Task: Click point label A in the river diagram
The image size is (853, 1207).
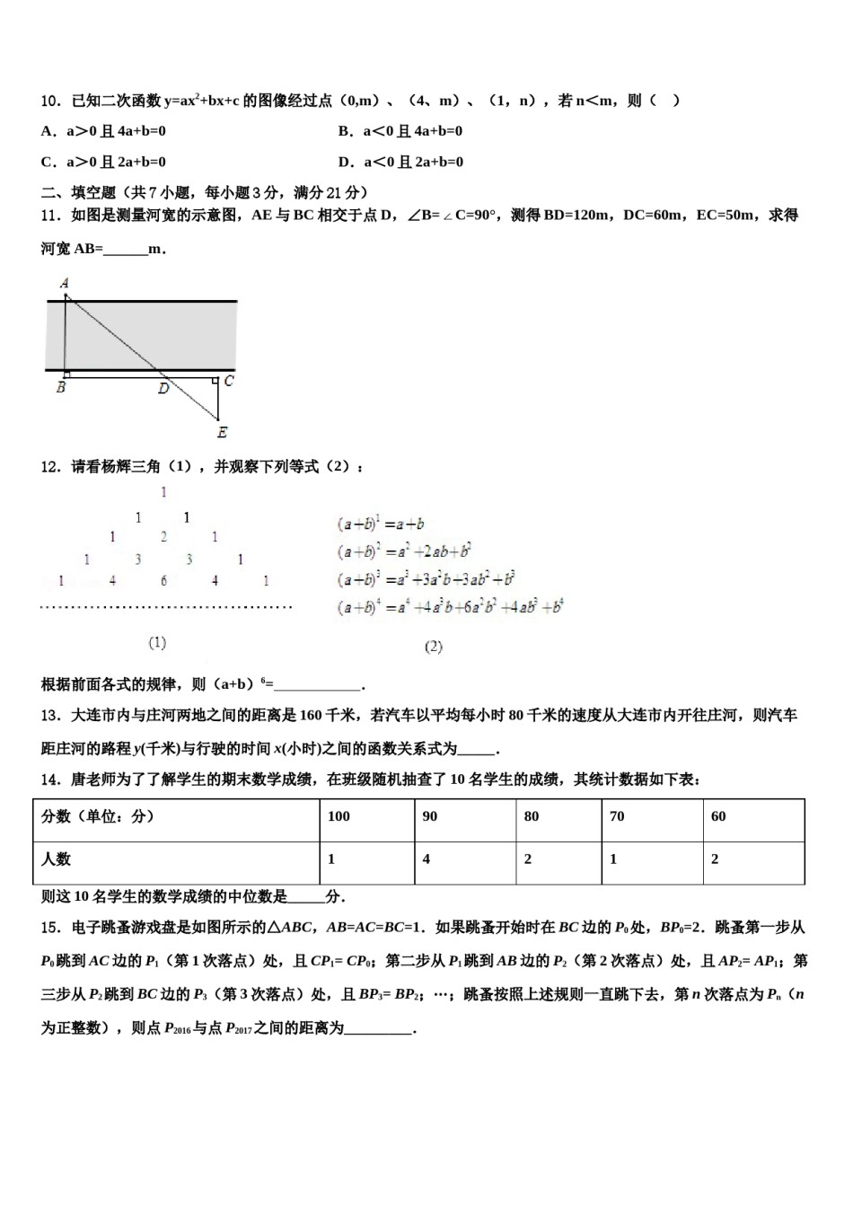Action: pos(65,283)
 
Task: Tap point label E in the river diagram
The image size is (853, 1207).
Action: pos(222,433)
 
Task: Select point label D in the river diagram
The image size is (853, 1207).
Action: pos(163,389)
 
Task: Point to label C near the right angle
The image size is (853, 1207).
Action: pos(229,381)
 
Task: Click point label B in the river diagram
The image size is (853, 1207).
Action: pos(60,389)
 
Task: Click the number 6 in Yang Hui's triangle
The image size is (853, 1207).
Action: pos(163,581)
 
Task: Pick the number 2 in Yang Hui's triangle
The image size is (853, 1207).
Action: pos(163,537)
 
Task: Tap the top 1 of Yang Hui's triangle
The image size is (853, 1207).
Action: pos(163,492)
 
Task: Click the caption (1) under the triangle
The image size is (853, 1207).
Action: pos(157,642)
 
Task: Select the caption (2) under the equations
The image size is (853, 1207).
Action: pos(433,647)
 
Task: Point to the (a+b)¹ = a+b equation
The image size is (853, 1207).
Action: pos(381,524)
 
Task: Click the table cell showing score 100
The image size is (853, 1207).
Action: pos(339,816)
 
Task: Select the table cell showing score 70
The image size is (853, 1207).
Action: pos(617,816)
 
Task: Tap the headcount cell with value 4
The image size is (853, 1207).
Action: pos(426,859)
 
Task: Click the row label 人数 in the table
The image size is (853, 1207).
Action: pos(56,859)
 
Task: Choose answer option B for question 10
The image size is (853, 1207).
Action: pos(400,131)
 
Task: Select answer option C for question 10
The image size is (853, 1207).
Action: pos(103,163)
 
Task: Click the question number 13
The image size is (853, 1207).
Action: pos(49,716)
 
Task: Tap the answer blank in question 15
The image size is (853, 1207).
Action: pos(378,1029)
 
